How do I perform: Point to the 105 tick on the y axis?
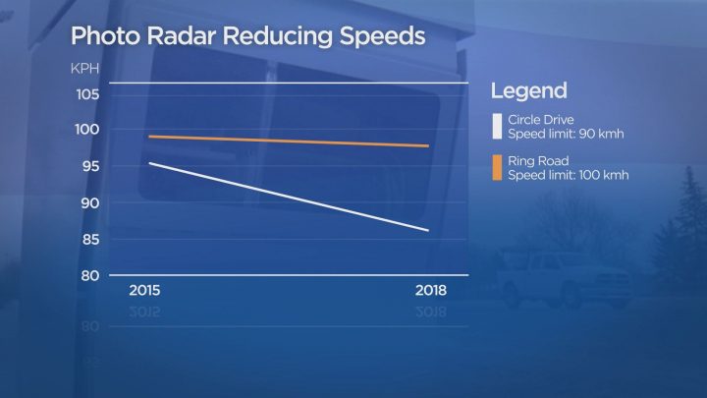(87, 94)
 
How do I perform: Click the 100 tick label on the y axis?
(87, 130)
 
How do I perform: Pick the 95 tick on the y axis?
(89, 167)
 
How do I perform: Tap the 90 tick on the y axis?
(89, 203)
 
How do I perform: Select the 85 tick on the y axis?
(89, 240)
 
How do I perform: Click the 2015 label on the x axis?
(145, 292)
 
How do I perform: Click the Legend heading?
(529, 91)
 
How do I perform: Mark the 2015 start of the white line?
(148, 162)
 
